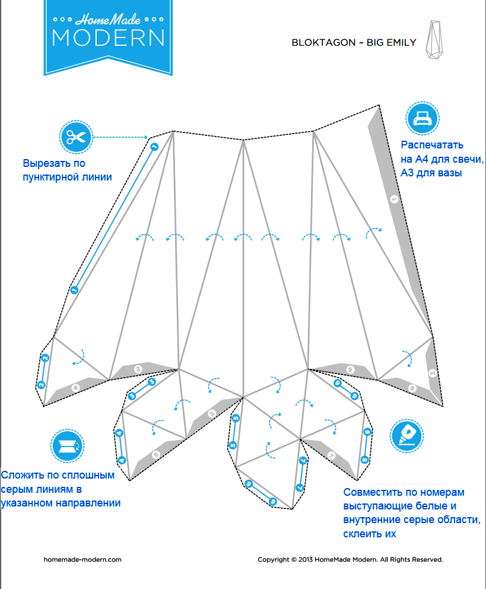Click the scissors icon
[x=76, y=137]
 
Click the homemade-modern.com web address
[x=82, y=559]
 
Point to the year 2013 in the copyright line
[x=307, y=559]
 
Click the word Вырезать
[x=45, y=164]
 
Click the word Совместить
[x=372, y=492]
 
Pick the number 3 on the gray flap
[x=138, y=369]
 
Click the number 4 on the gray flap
[x=75, y=388]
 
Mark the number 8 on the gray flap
[x=412, y=388]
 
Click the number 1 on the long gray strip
[x=393, y=200]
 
